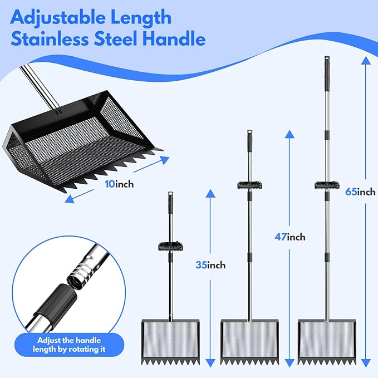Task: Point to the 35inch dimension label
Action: pyautogui.click(x=210, y=265)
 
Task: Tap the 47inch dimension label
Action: pyautogui.click(x=290, y=237)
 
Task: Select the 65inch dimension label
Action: pyautogui.click(x=360, y=192)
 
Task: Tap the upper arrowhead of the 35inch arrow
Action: pyautogui.click(x=210, y=193)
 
